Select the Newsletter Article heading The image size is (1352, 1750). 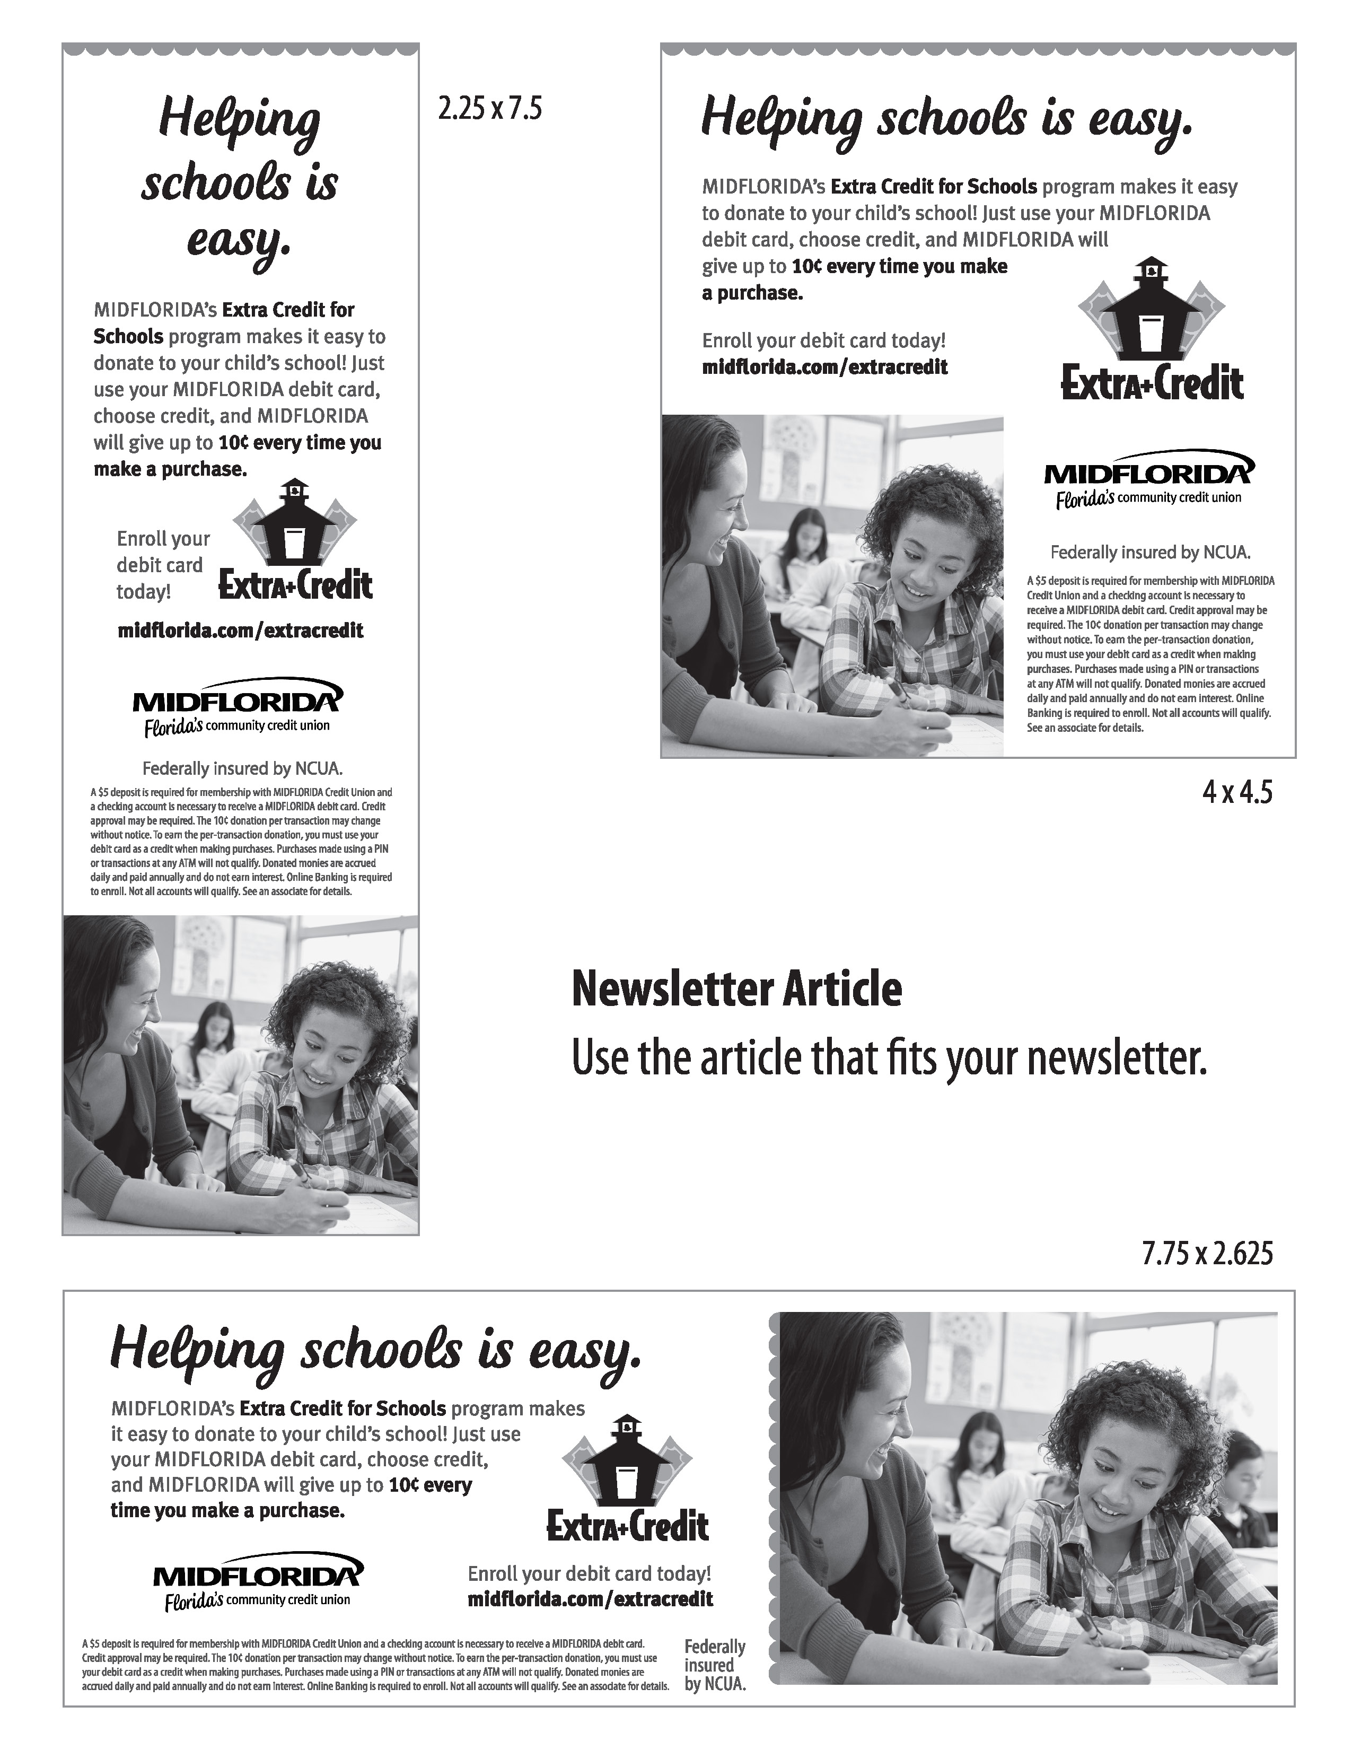click(x=736, y=989)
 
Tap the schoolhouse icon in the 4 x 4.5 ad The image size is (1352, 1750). click(x=1151, y=309)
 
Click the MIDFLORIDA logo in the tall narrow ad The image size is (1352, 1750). click(x=237, y=707)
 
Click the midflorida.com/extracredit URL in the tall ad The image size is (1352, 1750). click(x=240, y=631)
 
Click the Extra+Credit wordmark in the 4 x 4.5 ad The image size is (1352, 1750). click(x=1152, y=382)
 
